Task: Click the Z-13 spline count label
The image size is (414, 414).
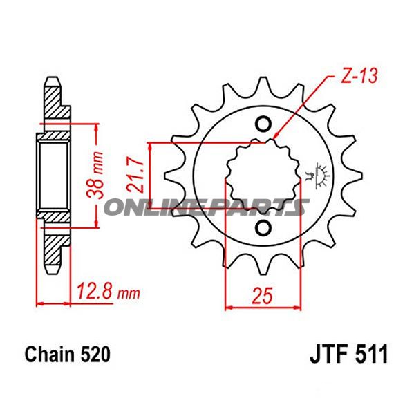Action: (359, 77)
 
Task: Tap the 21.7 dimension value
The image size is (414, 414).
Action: (136, 176)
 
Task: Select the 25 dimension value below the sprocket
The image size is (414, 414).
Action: (262, 296)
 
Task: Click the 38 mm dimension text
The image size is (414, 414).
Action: (95, 176)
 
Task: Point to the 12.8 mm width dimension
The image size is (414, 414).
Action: (109, 292)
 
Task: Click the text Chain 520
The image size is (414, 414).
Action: (67, 355)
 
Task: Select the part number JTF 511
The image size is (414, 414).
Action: (349, 354)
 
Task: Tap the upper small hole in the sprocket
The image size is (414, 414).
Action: (263, 124)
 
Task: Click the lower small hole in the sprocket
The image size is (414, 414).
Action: (263, 227)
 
